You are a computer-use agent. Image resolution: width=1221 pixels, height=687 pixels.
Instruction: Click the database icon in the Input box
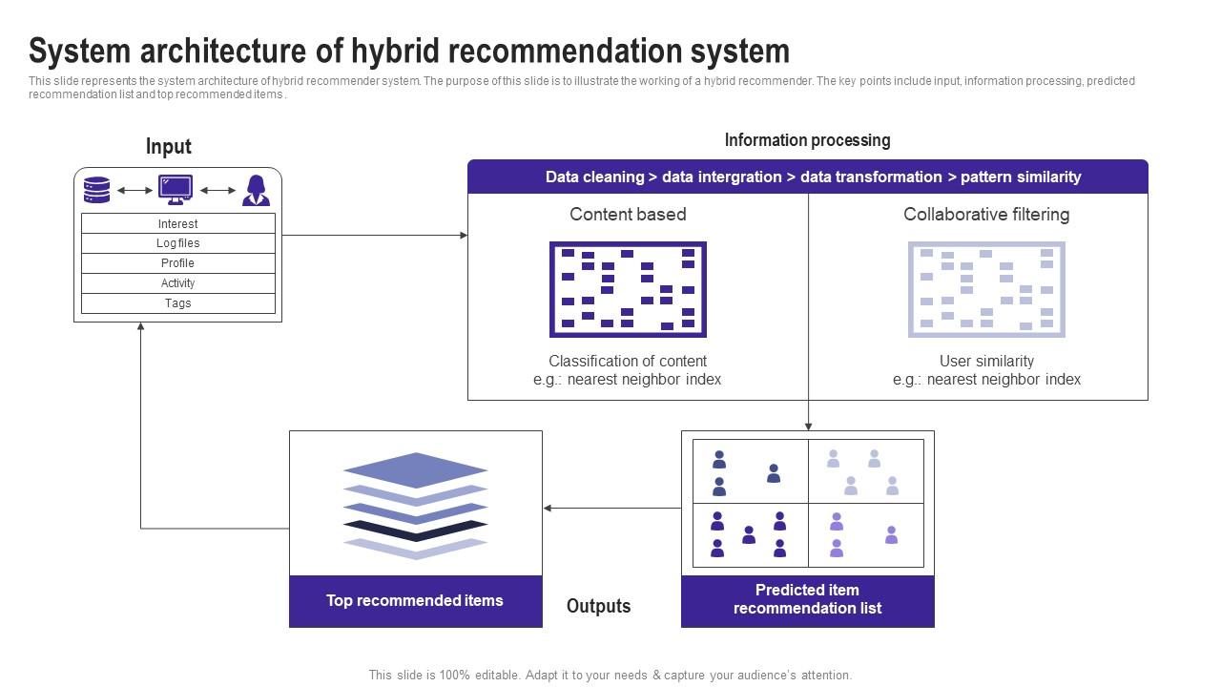point(96,190)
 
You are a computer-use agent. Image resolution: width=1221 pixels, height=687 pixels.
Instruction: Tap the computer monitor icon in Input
point(176,190)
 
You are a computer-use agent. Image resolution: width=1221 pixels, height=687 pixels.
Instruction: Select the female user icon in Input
point(256,190)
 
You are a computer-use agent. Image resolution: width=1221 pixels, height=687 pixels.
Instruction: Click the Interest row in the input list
point(178,223)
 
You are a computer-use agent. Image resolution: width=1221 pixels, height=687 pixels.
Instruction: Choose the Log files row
point(178,243)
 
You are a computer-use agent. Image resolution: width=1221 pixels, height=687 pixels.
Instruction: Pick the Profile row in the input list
point(178,263)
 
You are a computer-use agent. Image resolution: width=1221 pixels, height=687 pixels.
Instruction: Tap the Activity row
point(178,283)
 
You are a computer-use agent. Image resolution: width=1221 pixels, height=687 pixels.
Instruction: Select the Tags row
point(178,303)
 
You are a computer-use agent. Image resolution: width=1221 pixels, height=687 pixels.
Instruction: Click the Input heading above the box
point(169,146)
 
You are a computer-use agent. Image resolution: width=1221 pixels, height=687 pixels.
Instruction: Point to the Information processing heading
point(807,140)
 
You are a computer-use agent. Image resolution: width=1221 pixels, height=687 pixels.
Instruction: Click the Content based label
point(628,215)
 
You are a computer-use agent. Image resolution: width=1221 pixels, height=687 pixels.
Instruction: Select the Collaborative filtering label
point(986,215)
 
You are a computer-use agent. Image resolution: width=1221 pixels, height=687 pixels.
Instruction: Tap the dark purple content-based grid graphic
point(628,289)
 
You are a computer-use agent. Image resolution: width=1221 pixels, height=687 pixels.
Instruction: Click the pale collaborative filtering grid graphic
point(986,289)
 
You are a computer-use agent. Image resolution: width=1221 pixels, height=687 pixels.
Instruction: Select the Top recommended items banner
point(415,601)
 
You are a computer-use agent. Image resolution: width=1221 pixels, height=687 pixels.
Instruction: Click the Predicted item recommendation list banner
point(807,599)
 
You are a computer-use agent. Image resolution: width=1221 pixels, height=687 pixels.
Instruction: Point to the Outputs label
point(598,606)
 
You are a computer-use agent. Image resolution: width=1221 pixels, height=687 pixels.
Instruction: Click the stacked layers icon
point(416,505)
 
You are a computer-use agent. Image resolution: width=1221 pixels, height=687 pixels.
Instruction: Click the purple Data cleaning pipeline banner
point(807,177)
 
